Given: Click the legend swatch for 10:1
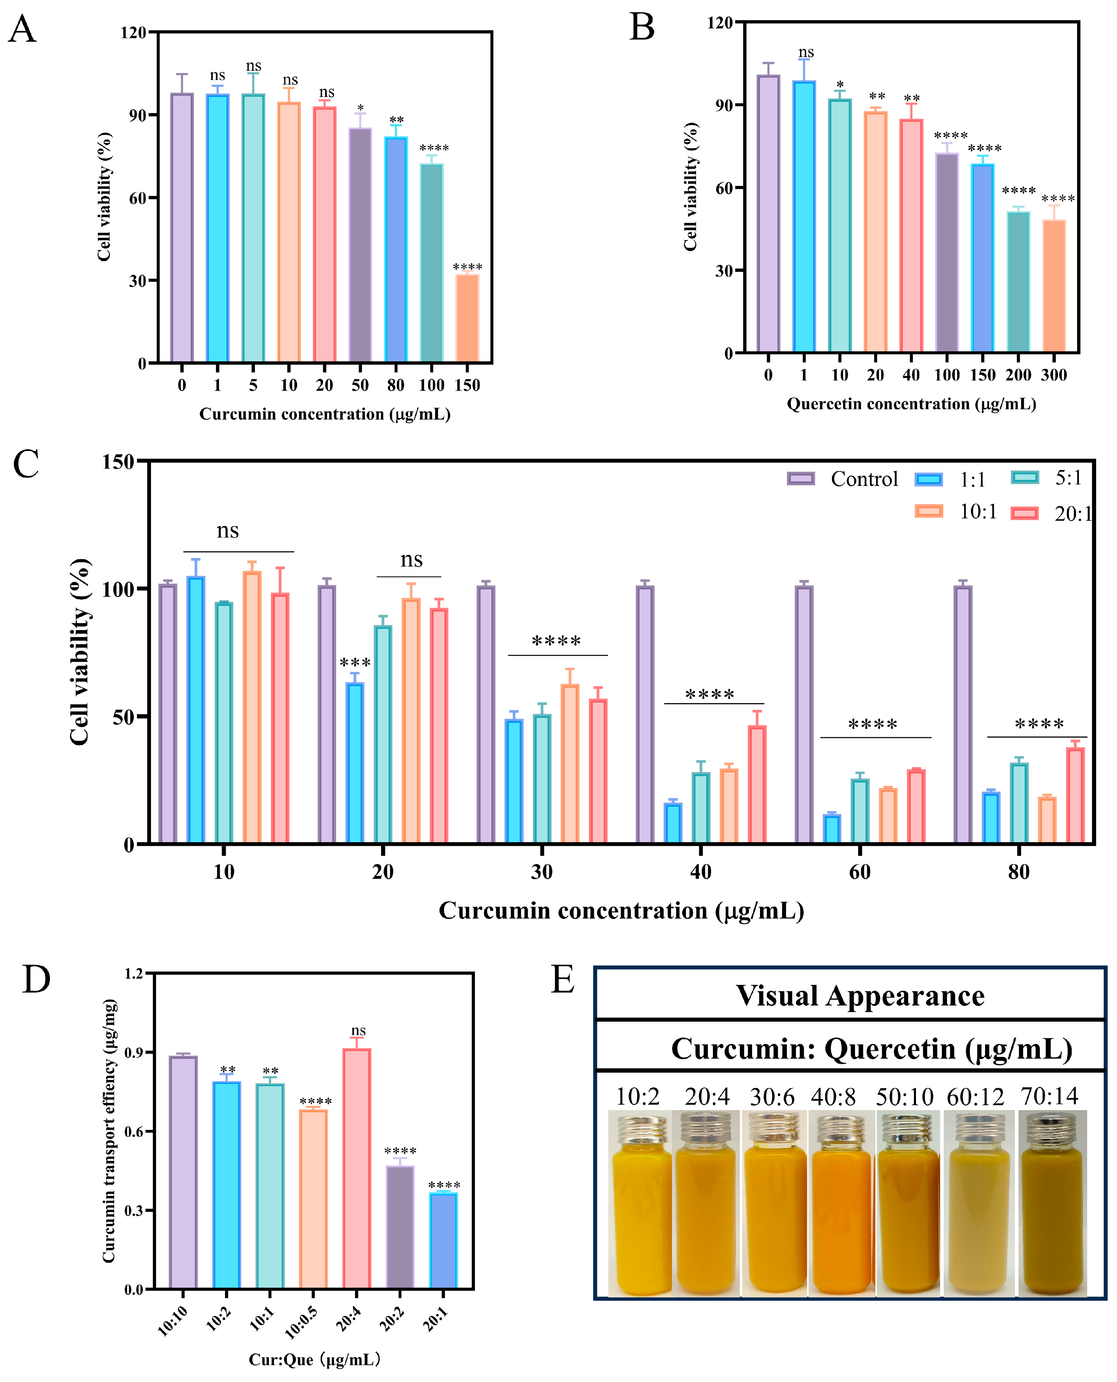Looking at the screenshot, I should click(x=929, y=512).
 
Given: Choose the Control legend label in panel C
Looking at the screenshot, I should click(x=864, y=480).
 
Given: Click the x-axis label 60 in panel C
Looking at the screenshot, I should click(x=860, y=872).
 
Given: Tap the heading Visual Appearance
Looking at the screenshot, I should click(x=860, y=996).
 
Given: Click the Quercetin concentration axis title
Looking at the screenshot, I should click(x=911, y=404).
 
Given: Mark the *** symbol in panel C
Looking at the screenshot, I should click(x=355, y=663).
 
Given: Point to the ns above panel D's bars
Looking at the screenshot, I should click(x=358, y=1031).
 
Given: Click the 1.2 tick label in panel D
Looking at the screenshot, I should click(x=134, y=974).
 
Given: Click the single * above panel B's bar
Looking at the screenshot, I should click(x=840, y=85).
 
